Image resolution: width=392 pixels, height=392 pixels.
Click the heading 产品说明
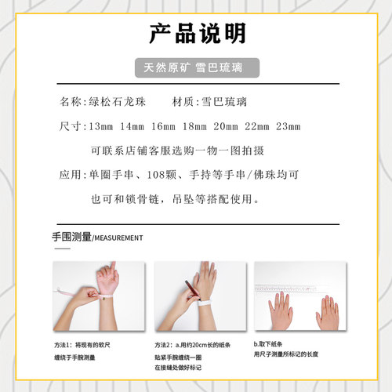196,33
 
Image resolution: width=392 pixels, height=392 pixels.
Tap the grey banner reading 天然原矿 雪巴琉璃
196,67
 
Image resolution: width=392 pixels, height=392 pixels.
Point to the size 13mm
102,126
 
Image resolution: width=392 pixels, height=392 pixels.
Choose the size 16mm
164,126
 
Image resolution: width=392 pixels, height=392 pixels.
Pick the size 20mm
226,126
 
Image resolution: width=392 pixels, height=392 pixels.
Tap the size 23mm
288,126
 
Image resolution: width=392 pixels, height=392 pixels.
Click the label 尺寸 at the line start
69,126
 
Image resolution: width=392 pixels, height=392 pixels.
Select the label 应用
69,175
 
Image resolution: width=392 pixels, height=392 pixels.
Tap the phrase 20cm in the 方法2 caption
196,345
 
